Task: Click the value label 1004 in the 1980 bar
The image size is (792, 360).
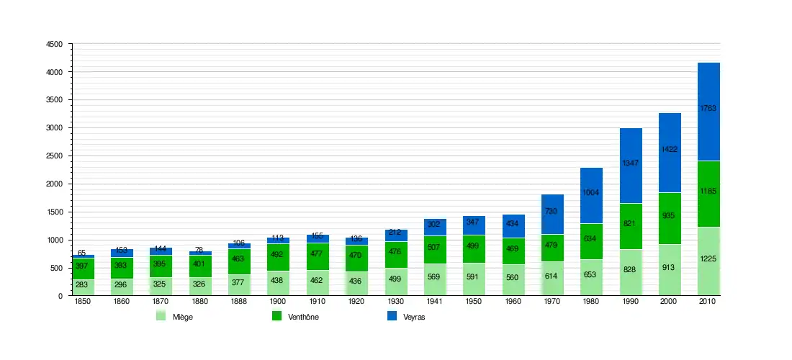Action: [x=592, y=192]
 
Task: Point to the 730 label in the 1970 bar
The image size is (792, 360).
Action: [x=552, y=211]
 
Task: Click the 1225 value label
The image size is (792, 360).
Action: [x=708, y=258]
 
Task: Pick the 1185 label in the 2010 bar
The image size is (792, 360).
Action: [x=708, y=192]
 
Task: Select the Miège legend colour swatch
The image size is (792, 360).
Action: [x=161, y=316]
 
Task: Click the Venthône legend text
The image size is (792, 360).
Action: [x=303, y=317]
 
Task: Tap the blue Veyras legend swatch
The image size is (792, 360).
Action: [x=392, y=316]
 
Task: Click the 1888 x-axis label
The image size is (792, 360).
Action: [x=239, y=302]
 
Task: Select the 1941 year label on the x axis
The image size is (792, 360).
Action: [x=435, y=302]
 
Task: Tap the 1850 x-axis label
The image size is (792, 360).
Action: [x=82, y=302]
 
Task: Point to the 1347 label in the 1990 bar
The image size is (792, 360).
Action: [x=631, y=163]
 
